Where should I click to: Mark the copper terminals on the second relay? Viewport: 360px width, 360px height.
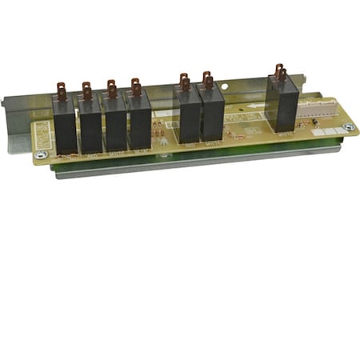[86, 90]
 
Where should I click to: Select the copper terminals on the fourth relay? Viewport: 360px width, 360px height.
[135, 86]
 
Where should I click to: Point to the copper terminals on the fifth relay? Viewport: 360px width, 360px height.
[184, 81]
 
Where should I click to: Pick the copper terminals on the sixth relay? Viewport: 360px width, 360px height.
[207, 79]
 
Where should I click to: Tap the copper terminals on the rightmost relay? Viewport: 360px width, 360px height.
[279, 73]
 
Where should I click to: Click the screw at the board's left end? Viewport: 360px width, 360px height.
[42, 154]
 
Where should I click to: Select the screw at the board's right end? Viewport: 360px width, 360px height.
[347, 127]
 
